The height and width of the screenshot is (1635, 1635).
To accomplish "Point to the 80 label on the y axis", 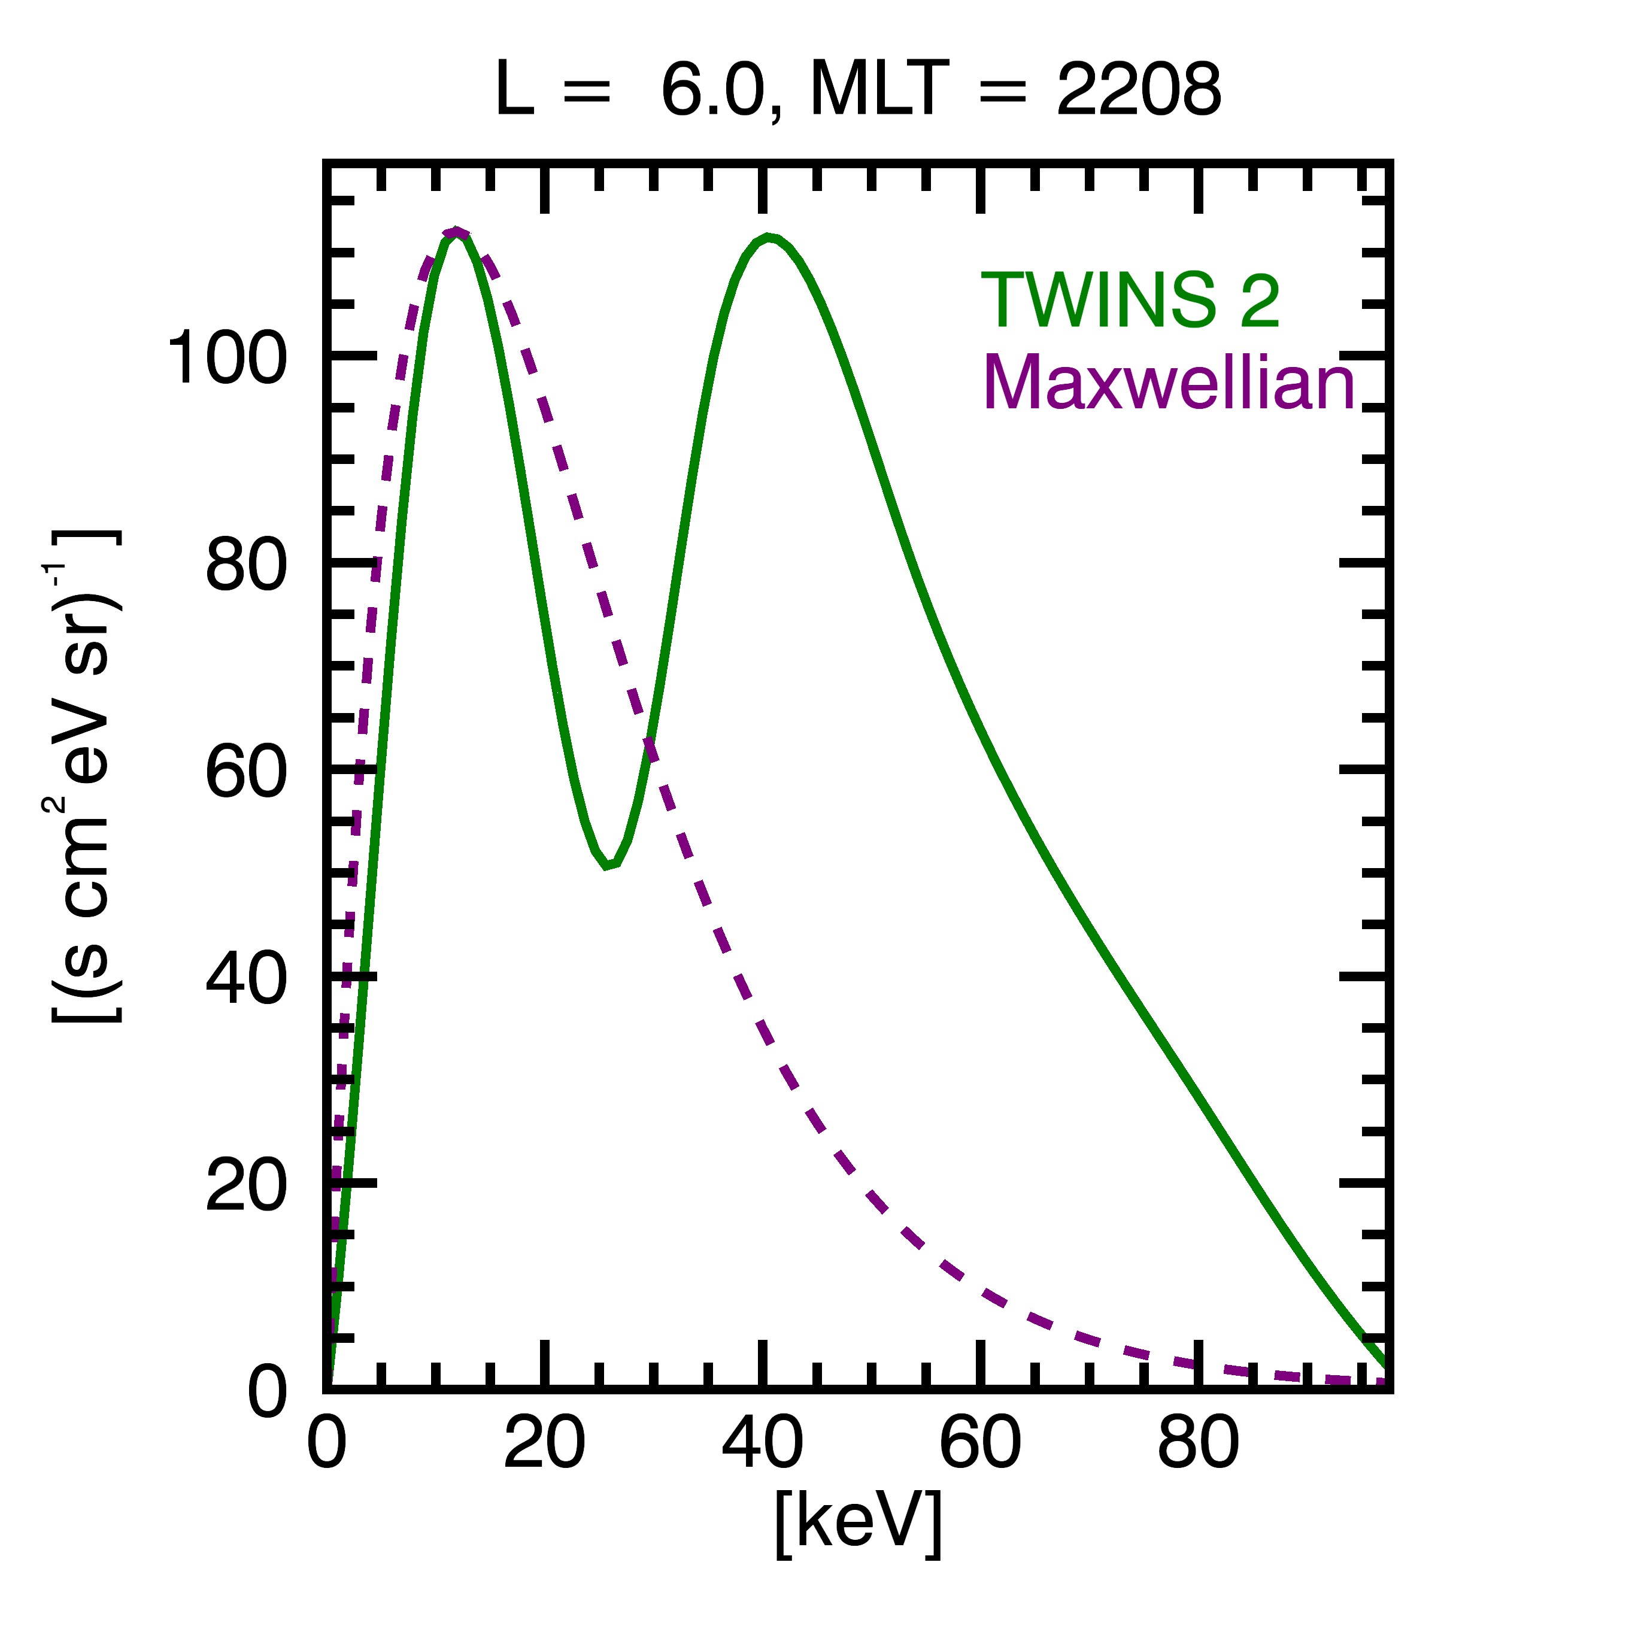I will pyautogui.click(x=246, y=565).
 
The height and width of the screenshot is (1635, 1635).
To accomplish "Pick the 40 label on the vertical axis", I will pyautogui.click(x=246, y=980).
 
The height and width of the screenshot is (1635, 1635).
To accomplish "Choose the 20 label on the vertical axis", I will pyautogui.click(x=246, y=1187).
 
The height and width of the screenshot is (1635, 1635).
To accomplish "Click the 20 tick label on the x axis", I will pyautogui.click(x=544, y=1444).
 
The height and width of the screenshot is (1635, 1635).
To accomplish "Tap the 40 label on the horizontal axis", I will pyautogui.click(x=763, y=1444).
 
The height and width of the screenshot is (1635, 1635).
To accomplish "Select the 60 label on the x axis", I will pyautogui.click(x=980, y=1444).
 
